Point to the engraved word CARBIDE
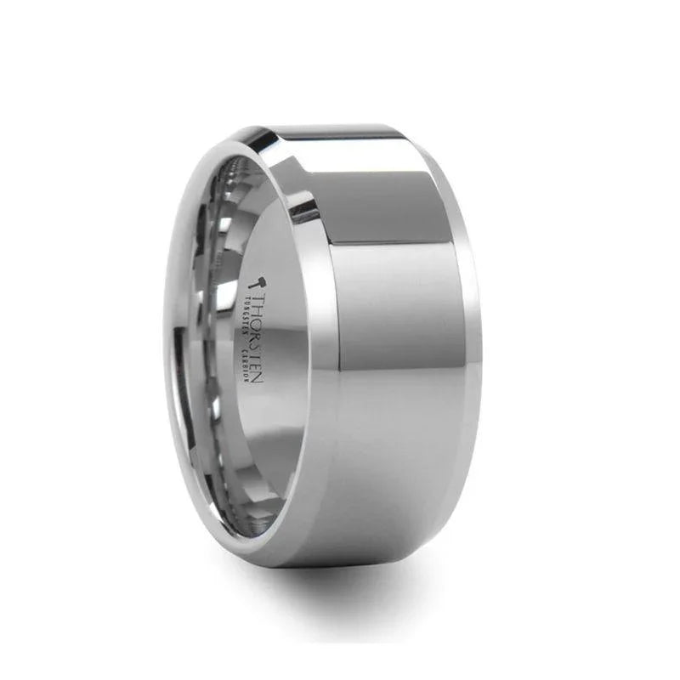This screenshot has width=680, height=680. coord(246,372)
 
